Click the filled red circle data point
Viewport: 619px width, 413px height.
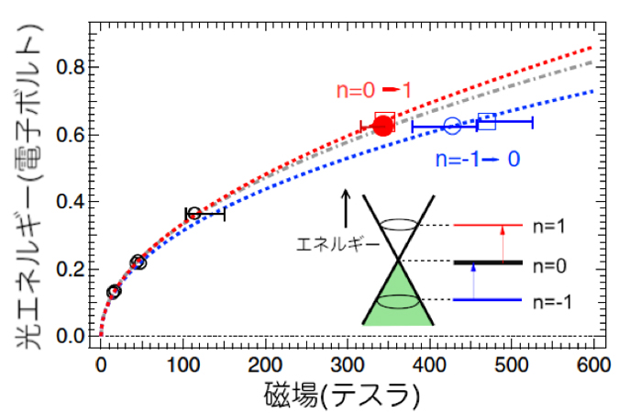click(383, 126)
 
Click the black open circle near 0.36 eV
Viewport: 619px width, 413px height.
click(189, 214)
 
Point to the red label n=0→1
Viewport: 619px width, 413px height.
click(373, 91)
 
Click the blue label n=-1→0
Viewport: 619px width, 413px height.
click(478, 160)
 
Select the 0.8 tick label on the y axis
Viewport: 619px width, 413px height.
click(71, 67)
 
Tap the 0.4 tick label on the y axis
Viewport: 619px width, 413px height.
click(71, 202)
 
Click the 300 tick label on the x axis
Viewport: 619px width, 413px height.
click(348, 364)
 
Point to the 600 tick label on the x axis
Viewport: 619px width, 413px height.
click(593, 364)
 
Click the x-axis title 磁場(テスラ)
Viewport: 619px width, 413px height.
click(342, 396)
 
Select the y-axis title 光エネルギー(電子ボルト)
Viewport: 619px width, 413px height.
click(28, 185)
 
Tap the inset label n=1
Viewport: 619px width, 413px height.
click(548, 227)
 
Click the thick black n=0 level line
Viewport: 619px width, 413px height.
click(488, 262)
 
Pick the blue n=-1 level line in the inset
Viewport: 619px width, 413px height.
click(488, 300)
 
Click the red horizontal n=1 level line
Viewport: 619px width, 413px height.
click(488, 225)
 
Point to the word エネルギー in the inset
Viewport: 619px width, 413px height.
click(337, 244)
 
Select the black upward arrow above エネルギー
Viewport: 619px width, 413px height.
click(347, 208)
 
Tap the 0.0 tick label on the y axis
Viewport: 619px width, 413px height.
click(71, 336)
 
